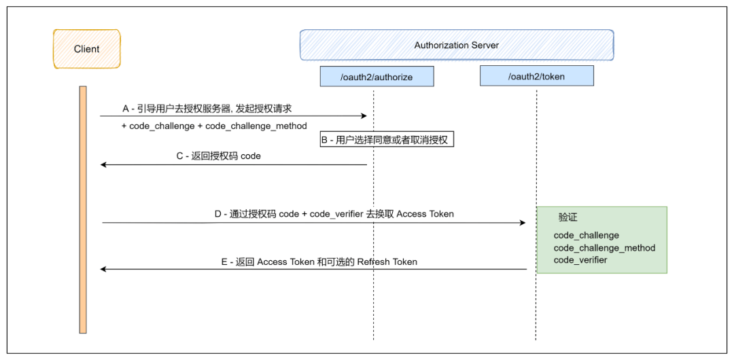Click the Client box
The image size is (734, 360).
[x=86, y=49]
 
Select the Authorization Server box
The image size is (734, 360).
[x=457, y=46]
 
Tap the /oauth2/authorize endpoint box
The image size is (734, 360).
[x=377, y=76]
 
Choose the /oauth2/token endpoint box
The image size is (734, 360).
[x=536, y=76]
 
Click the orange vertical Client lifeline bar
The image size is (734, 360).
[x=83, y=210]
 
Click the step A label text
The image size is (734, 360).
[x=207, y=109]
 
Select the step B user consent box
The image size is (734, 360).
[x=387, y=139]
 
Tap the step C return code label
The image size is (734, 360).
[x=219, y=156]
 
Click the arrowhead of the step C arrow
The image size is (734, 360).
[x=104, y=165]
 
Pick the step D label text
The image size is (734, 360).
[x=334, y=214]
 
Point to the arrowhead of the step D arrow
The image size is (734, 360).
[x=523, y=223]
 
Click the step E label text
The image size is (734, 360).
[x=319, y=262]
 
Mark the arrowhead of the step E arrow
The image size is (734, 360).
[x=104, y=269]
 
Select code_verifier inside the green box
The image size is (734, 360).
[x=580, y=260]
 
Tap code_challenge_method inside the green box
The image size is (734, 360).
[x=604, y=248]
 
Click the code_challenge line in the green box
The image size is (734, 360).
[x=587, y=235]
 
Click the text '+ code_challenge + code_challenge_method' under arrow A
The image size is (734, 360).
[x=214, y=126]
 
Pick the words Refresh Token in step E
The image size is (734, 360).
[x=387, y=262]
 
